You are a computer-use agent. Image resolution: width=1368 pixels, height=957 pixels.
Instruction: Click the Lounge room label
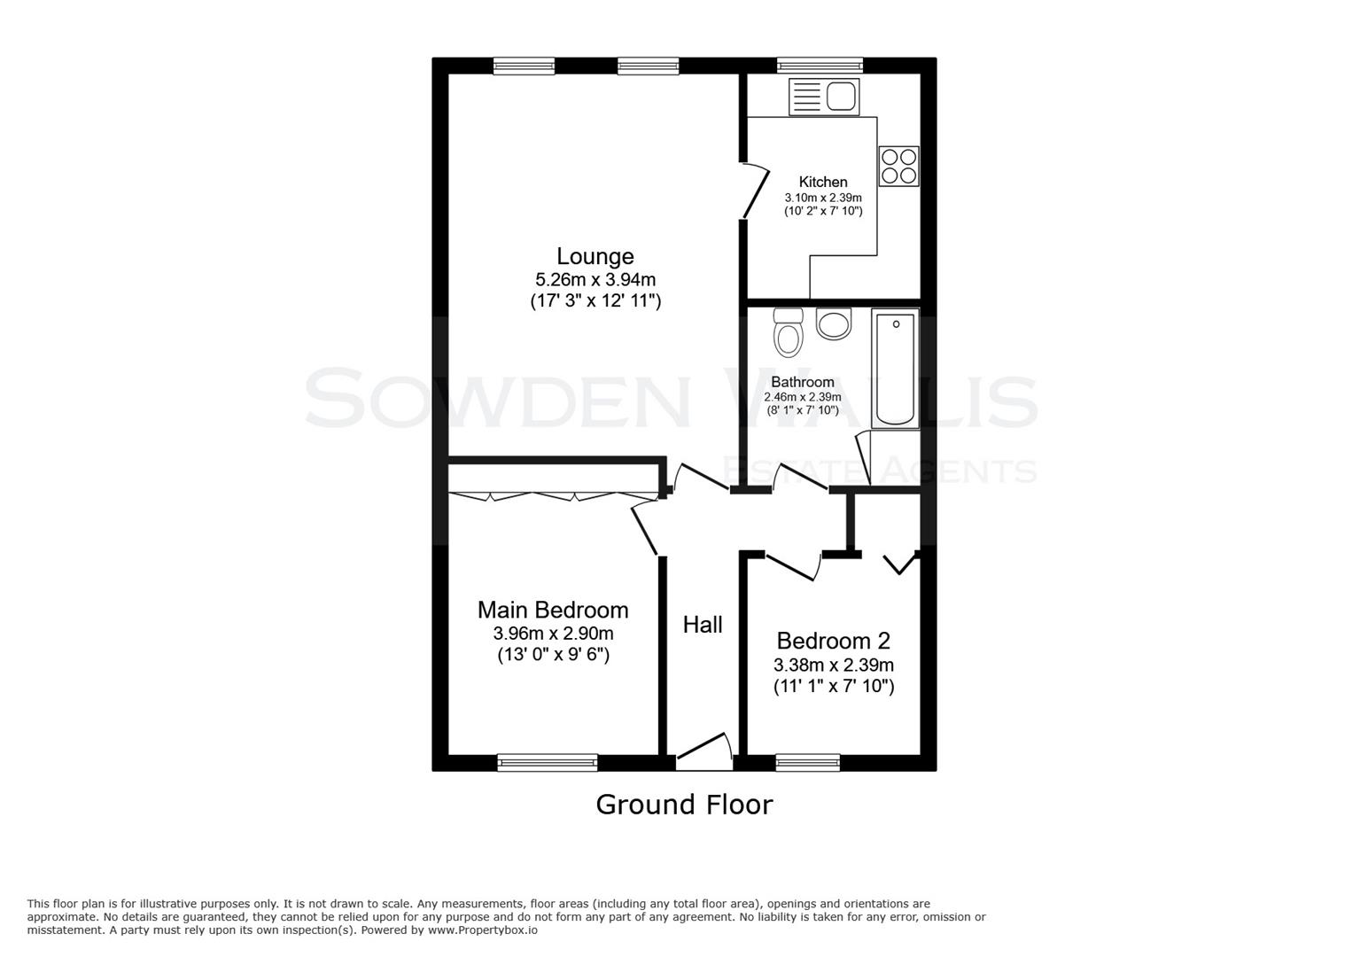595,256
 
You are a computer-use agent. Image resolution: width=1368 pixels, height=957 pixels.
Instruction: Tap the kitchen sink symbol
824,96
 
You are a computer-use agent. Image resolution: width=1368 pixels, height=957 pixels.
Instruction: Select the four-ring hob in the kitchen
898,166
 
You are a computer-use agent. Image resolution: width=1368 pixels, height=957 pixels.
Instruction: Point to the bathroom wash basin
834,323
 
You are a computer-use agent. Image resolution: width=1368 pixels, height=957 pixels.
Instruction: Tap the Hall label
703,625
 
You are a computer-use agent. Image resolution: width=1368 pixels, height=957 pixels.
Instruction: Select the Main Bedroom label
553,610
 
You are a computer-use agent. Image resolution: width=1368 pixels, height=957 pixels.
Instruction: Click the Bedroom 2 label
833,640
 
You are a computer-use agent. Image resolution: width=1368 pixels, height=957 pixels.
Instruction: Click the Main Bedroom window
548,762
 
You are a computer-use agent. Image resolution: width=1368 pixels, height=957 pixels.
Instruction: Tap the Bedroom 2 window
807,762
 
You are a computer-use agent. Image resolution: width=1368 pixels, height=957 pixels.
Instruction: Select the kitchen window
820,65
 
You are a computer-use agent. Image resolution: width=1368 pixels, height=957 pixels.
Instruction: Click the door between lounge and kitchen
756,191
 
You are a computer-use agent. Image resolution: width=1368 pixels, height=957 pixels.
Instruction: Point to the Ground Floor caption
684,805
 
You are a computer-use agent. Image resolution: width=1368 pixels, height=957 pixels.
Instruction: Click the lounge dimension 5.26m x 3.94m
595,280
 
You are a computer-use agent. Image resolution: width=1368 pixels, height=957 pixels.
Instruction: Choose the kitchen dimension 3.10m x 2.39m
822,198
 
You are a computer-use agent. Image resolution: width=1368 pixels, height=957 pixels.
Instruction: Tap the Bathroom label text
802,382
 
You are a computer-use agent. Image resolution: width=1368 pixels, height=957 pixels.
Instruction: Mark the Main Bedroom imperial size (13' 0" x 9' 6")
553,655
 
